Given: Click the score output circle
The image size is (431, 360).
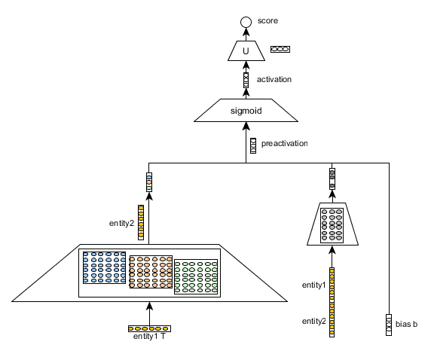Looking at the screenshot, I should click(x=245, y=22).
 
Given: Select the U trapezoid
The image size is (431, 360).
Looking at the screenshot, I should click(x=245, y=50).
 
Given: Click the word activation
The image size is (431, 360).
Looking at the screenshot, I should click(x=274, y=79).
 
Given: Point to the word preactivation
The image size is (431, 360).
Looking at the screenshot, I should click(x=285, y=142).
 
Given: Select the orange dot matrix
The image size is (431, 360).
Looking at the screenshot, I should click(x=151, y=273).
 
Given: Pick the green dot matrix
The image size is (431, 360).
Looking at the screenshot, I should click(x=196, y=277).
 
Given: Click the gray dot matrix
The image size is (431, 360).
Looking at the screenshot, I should click(x=332, y=224).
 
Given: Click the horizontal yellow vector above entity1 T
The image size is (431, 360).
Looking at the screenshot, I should click(x=149, y=328).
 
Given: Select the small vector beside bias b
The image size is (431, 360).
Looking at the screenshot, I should click(x=389, y=324).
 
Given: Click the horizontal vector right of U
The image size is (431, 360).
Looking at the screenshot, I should click(x=279, y=50).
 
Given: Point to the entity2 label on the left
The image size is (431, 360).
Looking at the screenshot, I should click(x=121, y=222).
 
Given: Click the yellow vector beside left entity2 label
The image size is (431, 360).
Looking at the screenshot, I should click(x=140, y=222).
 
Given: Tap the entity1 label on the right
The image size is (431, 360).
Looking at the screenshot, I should click(x=314, y=285).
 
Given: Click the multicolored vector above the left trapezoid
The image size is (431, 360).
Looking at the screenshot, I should click(x=148, y=182).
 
